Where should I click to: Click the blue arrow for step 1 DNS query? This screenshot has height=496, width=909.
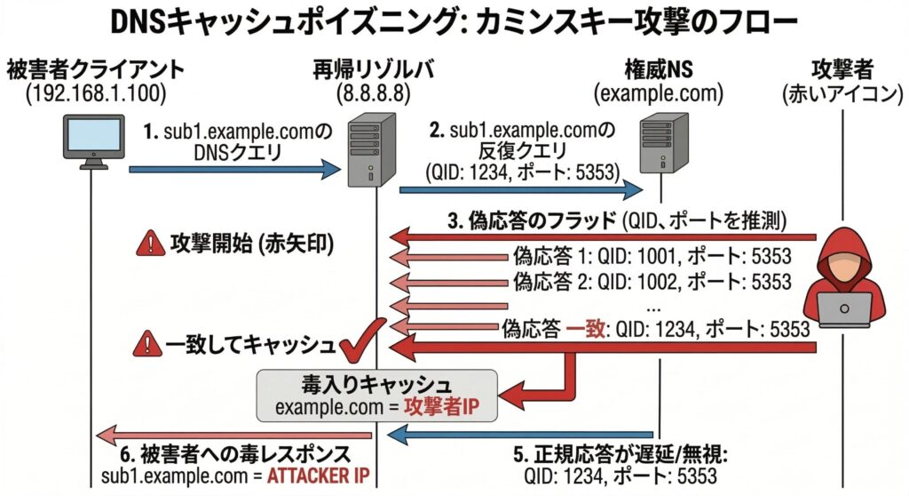click(x=234, y=168)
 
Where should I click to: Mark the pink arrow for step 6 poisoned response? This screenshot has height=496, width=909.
click(x=222, y=434)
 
